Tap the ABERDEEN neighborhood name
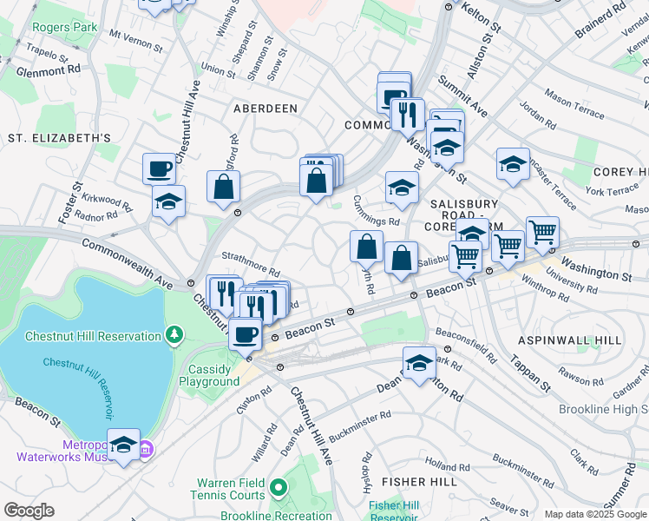coord(265,109)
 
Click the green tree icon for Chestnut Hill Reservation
coord(174,334)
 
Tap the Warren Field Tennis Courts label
coord(230,489)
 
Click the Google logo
coord(29,511)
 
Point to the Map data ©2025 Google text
coord(594,514)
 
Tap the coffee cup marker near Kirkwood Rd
coord(159,168)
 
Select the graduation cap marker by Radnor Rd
coord(167,202)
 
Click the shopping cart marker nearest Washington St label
coord(542,232)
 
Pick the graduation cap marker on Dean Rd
coord(419,363)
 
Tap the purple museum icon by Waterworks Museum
coord(146,449)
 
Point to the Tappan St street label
coord(530,368)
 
